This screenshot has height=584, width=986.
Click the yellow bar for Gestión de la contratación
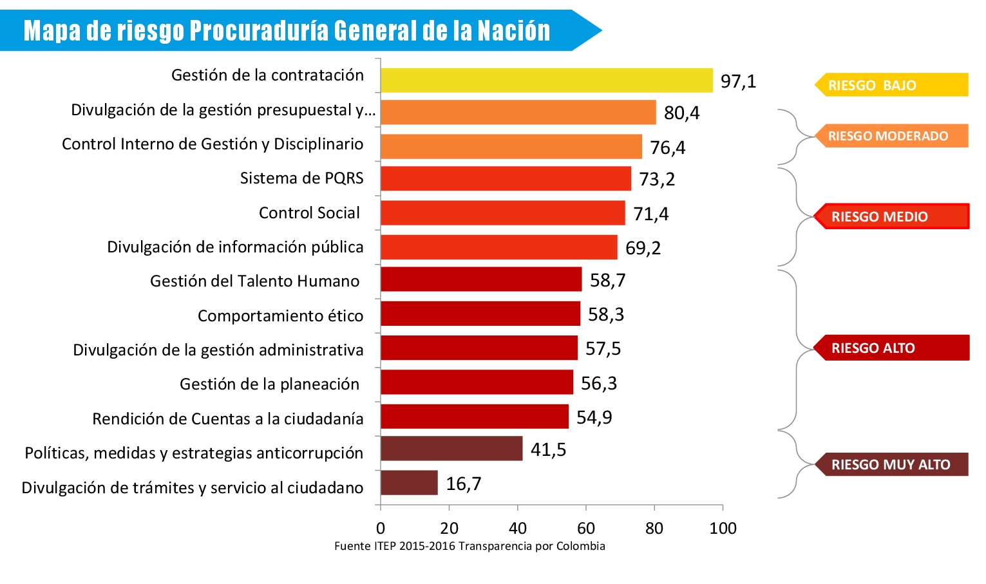coord(546,80)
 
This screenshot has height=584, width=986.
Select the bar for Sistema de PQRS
coord(506,178)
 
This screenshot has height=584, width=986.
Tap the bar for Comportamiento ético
coord(480,314)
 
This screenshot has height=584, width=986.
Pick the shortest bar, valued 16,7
coord(409,482)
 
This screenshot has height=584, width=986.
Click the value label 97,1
coord(738,82)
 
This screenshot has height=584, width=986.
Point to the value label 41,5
coord(548,449)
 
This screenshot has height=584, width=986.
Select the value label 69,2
coord(643,248)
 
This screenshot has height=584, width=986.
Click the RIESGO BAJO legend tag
coord(891,85)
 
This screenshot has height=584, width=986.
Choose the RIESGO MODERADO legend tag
coord(891,136)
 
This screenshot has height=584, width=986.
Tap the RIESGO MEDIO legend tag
coord(891,216)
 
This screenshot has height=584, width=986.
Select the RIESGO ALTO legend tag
coord(891,348)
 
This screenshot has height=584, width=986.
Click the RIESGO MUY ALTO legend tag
coord(891,464)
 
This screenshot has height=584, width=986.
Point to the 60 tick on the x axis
coord(586,529)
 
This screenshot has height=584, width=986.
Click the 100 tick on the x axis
coord(723,529)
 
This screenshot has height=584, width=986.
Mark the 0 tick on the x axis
coord(381,529)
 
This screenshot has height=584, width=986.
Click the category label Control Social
coord(309,213)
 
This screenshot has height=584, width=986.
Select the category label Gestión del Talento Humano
coord(254,281)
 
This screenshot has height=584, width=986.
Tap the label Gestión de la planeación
coord(269,384)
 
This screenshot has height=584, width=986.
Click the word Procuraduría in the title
coord(259,30)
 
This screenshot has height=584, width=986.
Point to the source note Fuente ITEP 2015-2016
coord(469,546)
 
